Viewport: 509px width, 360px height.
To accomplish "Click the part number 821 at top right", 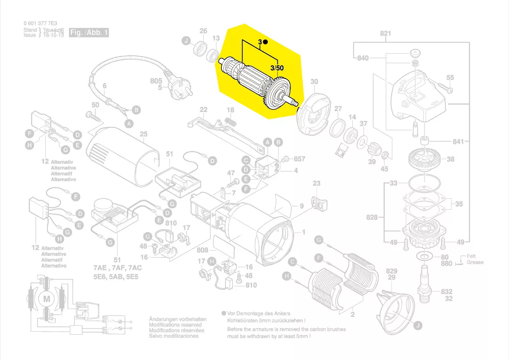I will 385,34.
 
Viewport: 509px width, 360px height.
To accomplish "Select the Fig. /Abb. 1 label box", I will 89,33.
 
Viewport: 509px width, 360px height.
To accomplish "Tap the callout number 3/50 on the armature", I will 276,68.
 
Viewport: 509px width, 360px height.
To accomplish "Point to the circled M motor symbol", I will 46,299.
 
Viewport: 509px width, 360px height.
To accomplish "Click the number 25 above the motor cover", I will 144,134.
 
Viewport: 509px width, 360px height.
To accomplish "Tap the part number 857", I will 299,159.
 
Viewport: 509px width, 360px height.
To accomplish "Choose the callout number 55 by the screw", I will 450,78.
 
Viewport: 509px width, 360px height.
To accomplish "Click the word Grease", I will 475,262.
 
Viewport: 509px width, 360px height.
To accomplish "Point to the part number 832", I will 446,292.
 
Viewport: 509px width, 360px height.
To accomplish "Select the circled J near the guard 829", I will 417,325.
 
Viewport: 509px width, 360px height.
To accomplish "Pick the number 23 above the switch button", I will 316,183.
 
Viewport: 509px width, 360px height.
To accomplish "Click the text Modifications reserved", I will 175,325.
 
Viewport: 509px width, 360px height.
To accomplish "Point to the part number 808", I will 202,251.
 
